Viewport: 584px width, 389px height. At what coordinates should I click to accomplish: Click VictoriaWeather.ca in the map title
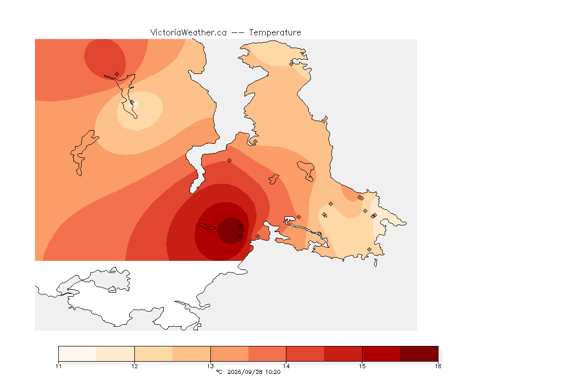pos(189,33)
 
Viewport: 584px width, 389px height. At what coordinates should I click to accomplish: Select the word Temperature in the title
pos(275,33)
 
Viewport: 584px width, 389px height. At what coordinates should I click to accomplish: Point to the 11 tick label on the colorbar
pos(58,366)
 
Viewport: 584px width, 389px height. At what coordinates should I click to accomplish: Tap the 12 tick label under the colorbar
pos(134,366)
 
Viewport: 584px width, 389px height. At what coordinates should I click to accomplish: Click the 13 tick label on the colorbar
pos(210,366)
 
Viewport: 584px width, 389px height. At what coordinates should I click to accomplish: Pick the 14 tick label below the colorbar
pos(286,366)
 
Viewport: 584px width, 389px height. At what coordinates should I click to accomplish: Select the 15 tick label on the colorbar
pos(362,366)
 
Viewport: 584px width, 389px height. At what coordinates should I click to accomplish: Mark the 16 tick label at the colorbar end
pos(438,366)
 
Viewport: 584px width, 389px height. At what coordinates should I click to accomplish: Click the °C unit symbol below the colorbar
pos(219,372)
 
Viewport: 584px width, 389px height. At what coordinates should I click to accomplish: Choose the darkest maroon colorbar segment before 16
pos(419,354)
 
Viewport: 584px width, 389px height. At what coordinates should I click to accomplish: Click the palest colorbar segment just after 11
pos(78,354)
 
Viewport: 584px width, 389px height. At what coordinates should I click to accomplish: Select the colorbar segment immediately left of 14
pos(267,354)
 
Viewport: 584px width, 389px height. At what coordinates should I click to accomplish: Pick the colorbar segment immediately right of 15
pos(381,354)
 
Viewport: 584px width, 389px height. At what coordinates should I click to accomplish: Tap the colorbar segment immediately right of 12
pos(154,354)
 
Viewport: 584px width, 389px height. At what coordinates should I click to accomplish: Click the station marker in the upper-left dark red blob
pos(117,74)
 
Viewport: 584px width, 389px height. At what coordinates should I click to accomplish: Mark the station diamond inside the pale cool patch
pos(132,102)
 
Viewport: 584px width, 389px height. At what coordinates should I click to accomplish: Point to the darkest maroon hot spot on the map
pos(231,231)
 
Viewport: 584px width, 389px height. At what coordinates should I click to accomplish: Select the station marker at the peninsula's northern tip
pos(291,64)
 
